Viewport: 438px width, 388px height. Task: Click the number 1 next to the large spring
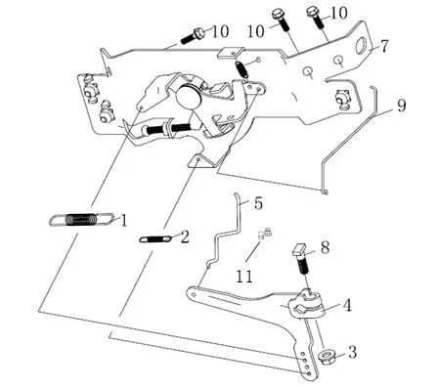coord(123,220)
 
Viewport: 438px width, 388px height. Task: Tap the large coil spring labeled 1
coord(82,220)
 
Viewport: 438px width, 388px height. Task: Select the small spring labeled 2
coord(155,239)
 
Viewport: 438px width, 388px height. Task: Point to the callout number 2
coord(185,237)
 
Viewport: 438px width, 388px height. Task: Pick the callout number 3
coord(353,352)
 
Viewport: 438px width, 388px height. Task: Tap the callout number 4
coord(347,305)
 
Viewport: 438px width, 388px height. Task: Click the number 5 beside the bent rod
coord(258,203)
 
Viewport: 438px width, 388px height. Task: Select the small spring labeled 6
coord(241,68)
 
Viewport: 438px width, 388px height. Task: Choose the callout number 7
coord(384,46)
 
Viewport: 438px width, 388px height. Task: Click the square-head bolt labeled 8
coord(302,260)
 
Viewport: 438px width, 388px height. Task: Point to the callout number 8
coord(325,247)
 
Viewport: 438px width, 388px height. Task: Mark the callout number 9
coord(401,106)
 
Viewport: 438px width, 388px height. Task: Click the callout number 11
coord(244,277)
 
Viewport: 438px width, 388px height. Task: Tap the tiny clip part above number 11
coord(265,233)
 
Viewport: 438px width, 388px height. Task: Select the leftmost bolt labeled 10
coord(193,36)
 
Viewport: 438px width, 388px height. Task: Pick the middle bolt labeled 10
coord(281,20)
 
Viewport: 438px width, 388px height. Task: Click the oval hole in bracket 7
coord(361,46)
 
